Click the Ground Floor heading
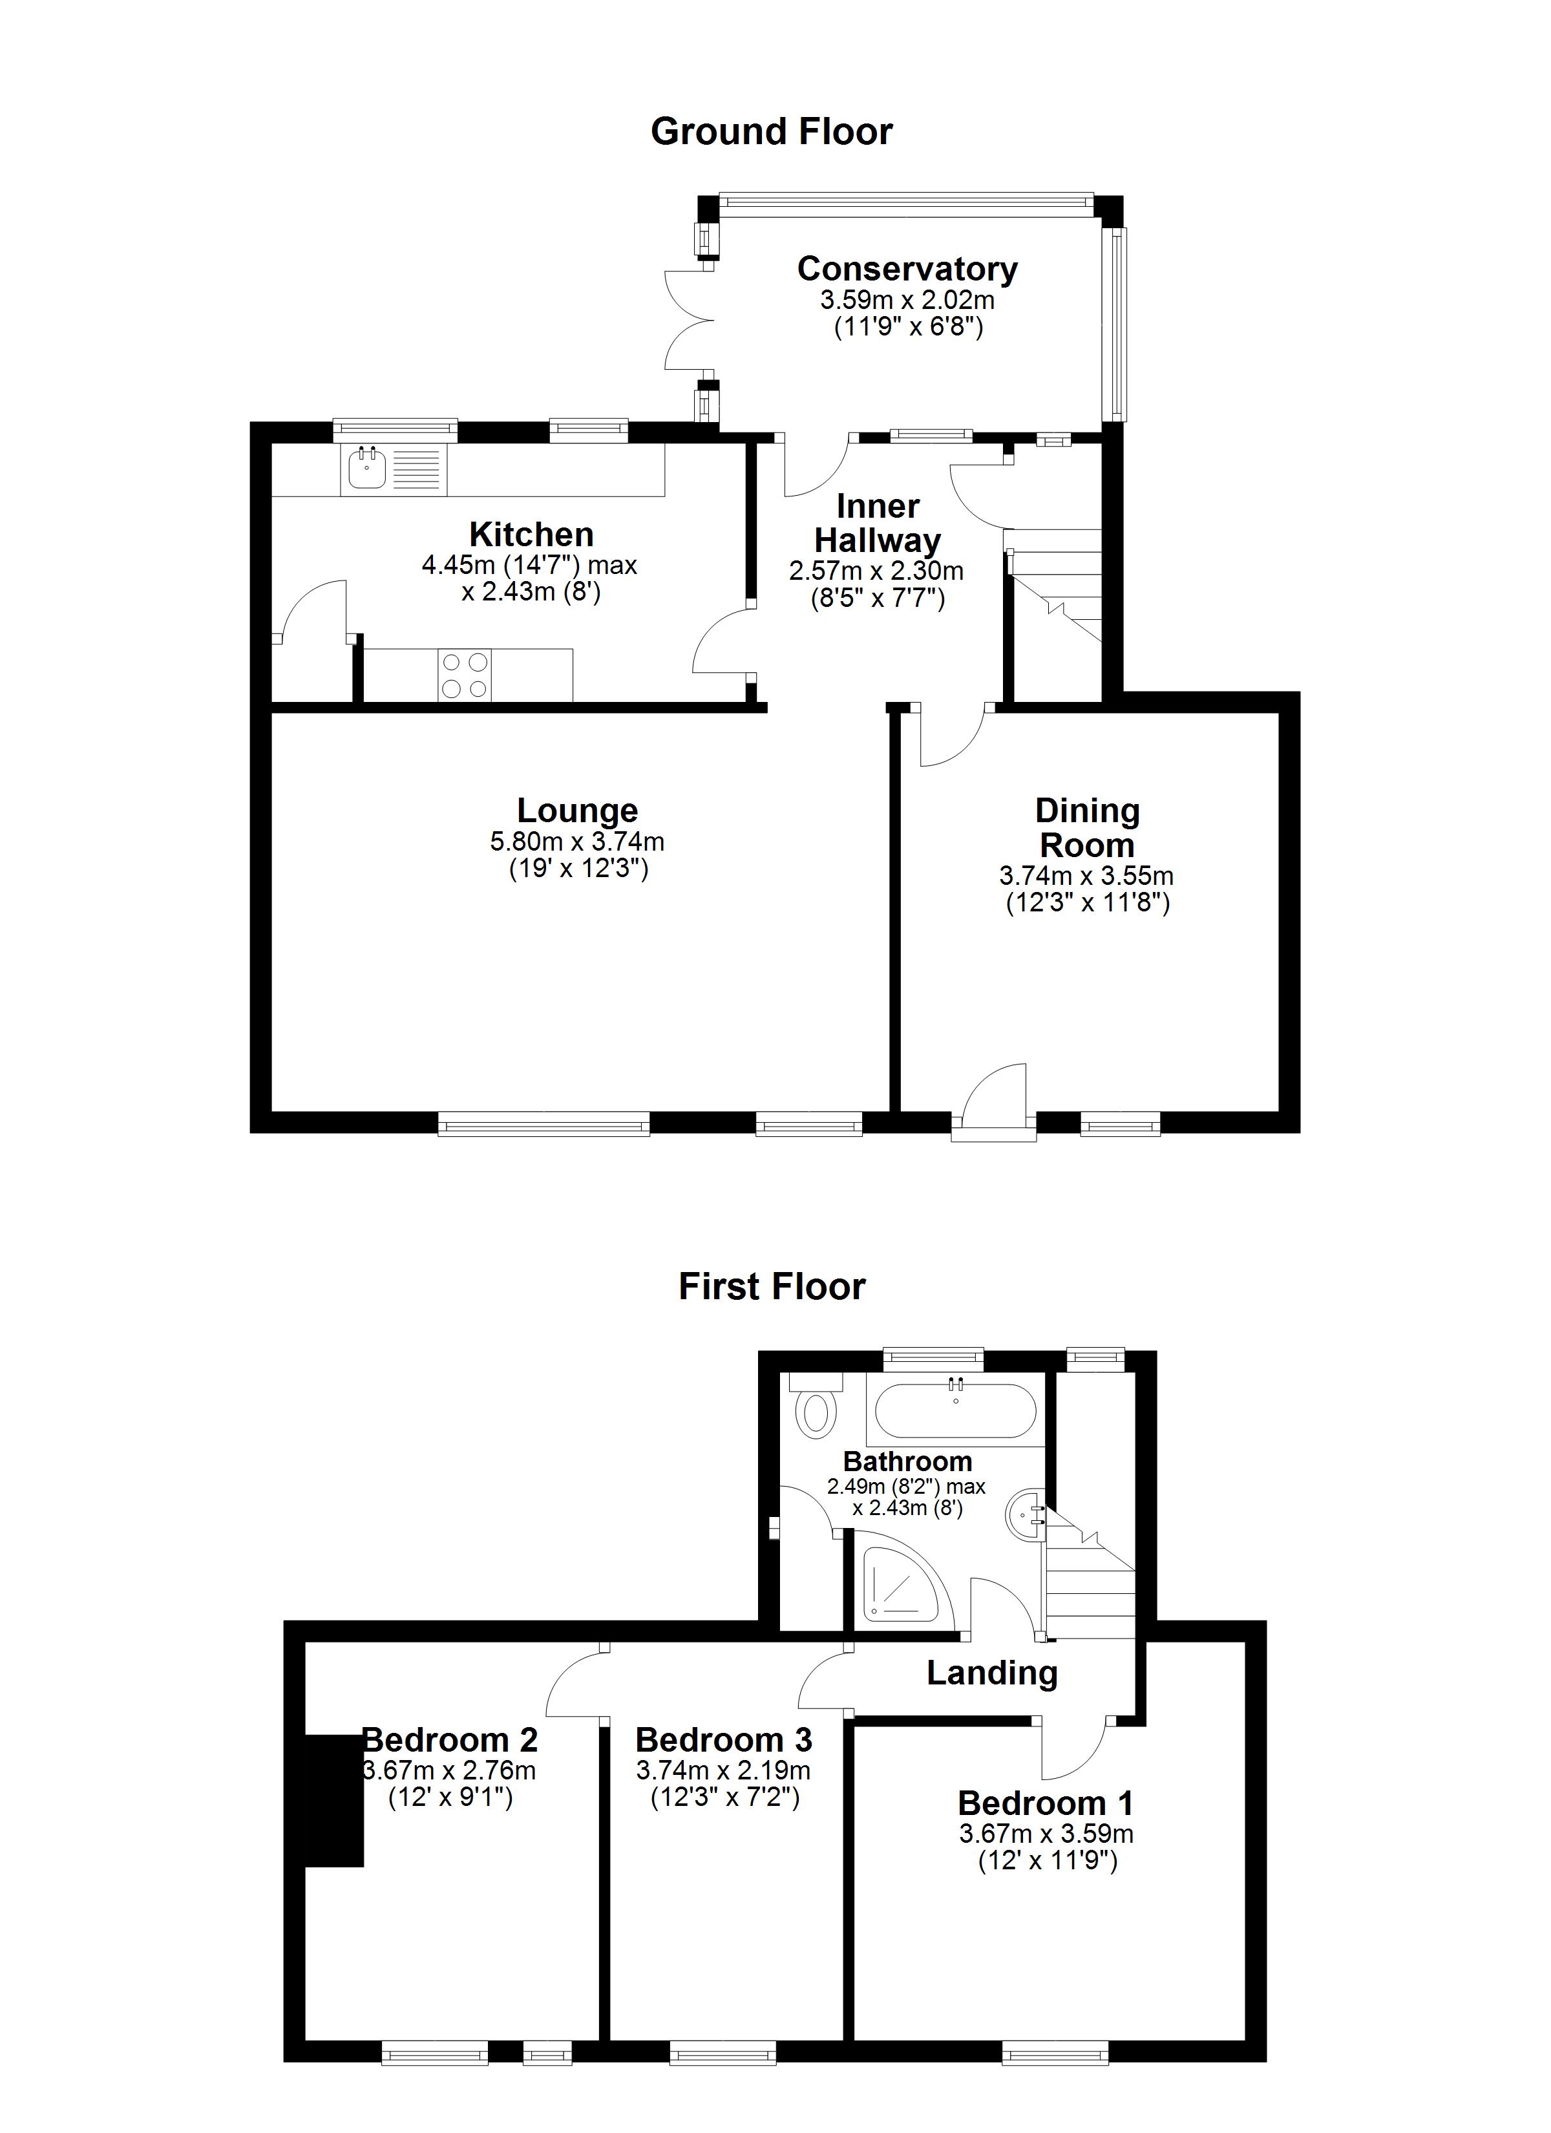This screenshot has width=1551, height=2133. point(771,132)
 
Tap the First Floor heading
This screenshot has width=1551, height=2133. point(771,1286)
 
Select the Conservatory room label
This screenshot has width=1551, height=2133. point(907,269)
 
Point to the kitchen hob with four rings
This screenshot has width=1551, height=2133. point(465,675)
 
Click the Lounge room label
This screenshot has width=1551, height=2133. point(578,811)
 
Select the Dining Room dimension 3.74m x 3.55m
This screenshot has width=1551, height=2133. point(1086,876)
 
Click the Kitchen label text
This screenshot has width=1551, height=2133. point(531,535)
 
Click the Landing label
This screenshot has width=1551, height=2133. point(992,1673)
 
